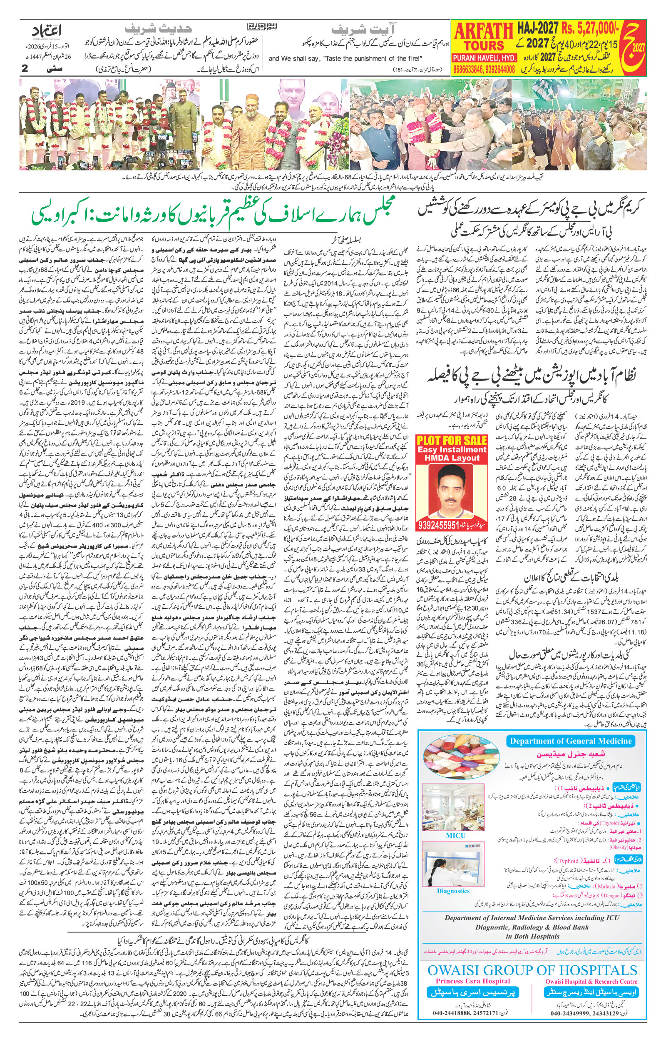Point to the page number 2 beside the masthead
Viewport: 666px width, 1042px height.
25,69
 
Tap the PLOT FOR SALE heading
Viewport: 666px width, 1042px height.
451,441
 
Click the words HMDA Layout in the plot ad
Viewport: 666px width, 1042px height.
451,457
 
